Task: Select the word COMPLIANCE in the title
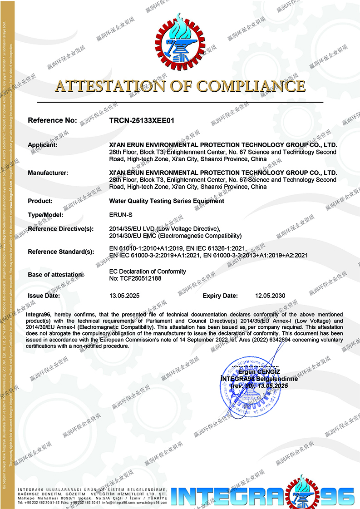[x=251, y=86]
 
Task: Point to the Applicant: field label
[x=43, y=145]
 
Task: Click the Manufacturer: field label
[x=48, y=173]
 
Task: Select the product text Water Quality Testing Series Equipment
[x=167, y=201]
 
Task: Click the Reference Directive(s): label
[x=60, y=229]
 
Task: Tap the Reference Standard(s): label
[x=61, y=252]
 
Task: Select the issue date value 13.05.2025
[x=124, y=296]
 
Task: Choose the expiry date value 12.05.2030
[x=270, y=296]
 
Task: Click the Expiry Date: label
[x=220, y=296]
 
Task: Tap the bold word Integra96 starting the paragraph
[x=39, y=314]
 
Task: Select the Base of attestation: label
[x=56, y=275]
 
